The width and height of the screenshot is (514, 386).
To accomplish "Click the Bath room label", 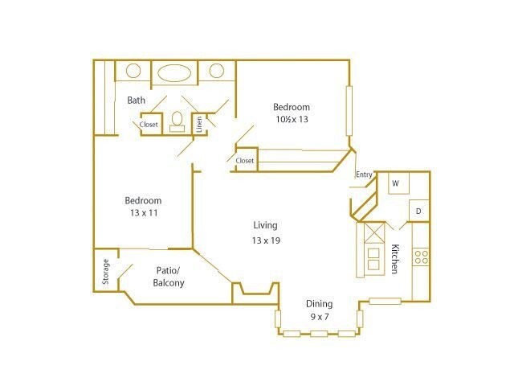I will pos(137,101).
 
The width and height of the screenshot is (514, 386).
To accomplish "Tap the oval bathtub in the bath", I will pos(174,72).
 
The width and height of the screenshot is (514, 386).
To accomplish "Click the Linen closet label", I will pos(198,125).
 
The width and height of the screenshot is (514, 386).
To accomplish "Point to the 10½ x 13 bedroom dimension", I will pos(291,119).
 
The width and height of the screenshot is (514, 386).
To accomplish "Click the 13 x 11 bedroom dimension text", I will pos(143,213).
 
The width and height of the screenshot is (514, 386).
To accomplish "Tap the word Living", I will pos(265,226).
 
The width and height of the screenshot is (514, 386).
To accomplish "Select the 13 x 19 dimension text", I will pos(265,240).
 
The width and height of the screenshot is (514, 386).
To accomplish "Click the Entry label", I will pos(364,175).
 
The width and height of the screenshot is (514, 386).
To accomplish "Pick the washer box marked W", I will pos(395,183).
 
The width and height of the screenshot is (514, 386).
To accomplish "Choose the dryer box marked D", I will pos(418,211).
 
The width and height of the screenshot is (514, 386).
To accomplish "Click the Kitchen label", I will pos(394,259).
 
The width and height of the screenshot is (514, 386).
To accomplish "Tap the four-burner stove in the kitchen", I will pos(420,257).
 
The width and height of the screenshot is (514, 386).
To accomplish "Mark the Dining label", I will pos(319,304).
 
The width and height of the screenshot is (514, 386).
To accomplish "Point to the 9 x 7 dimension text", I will pos(319,317).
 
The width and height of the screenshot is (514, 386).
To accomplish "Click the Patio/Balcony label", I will pos(169,277).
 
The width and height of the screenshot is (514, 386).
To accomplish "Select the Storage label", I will pos(106,271).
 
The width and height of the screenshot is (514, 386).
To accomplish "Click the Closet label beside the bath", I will pos(149,125).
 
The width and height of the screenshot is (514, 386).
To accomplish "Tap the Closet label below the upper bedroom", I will pos(245,161).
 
